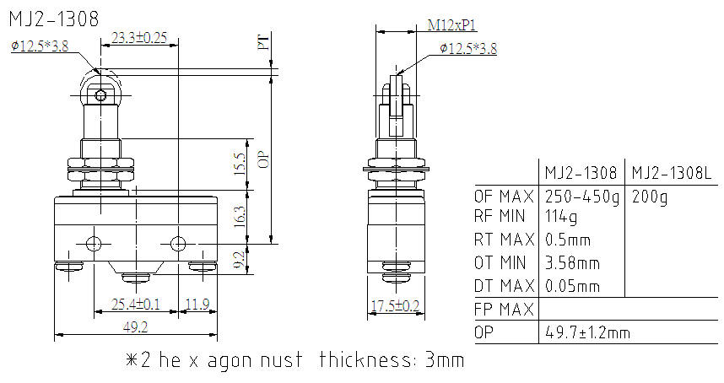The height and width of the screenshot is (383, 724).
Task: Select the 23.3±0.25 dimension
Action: [x=139, y=37]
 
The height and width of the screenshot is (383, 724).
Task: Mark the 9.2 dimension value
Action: [x=240, y=260]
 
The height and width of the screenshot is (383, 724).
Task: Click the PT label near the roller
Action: [x=263, y=42]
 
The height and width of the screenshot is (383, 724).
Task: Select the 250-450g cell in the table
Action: [x=581, y=197]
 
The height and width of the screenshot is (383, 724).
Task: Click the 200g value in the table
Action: [x=650, y=197]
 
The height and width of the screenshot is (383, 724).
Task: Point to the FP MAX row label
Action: [x=504, y=310]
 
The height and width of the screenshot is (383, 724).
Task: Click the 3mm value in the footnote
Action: [x=444, y=361]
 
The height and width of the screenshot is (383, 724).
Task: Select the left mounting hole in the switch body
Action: [x=94, y=245]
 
